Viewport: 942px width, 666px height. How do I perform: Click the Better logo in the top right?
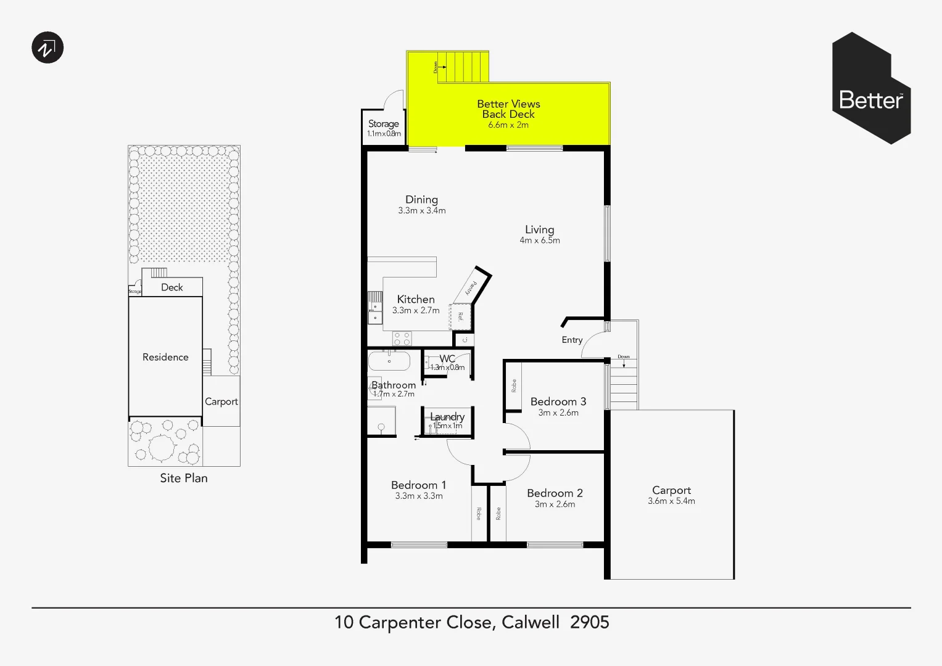(871, 88)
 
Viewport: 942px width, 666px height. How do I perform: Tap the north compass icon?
(48, 47)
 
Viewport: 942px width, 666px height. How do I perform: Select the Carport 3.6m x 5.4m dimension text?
(671, 501)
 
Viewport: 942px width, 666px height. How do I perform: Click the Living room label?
(539, 229)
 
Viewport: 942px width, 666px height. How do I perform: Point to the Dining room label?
(421, 199)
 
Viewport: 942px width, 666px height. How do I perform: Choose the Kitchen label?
(415, 299)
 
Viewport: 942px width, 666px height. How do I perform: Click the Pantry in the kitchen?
(471, 287)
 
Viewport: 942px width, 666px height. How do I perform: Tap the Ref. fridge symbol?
(461, 317)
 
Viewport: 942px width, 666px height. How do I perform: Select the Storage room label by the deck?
(383, 123)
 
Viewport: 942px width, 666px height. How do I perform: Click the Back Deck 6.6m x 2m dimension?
(508, 125)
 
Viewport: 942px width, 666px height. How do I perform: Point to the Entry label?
(572, 340)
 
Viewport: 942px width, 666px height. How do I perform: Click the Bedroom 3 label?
(558, 401)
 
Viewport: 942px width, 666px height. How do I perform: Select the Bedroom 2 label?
(555, 493)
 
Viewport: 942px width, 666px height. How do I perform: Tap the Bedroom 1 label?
(418, 485)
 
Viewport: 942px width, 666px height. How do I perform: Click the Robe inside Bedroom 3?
(513, 386)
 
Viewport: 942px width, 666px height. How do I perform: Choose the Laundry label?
(447, 417)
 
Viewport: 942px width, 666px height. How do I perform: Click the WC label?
(447, 359)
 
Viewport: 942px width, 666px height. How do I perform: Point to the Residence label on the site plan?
(165, 357)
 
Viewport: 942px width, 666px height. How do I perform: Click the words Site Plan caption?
(184, 478)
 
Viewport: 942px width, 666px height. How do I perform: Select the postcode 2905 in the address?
(589, 622)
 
